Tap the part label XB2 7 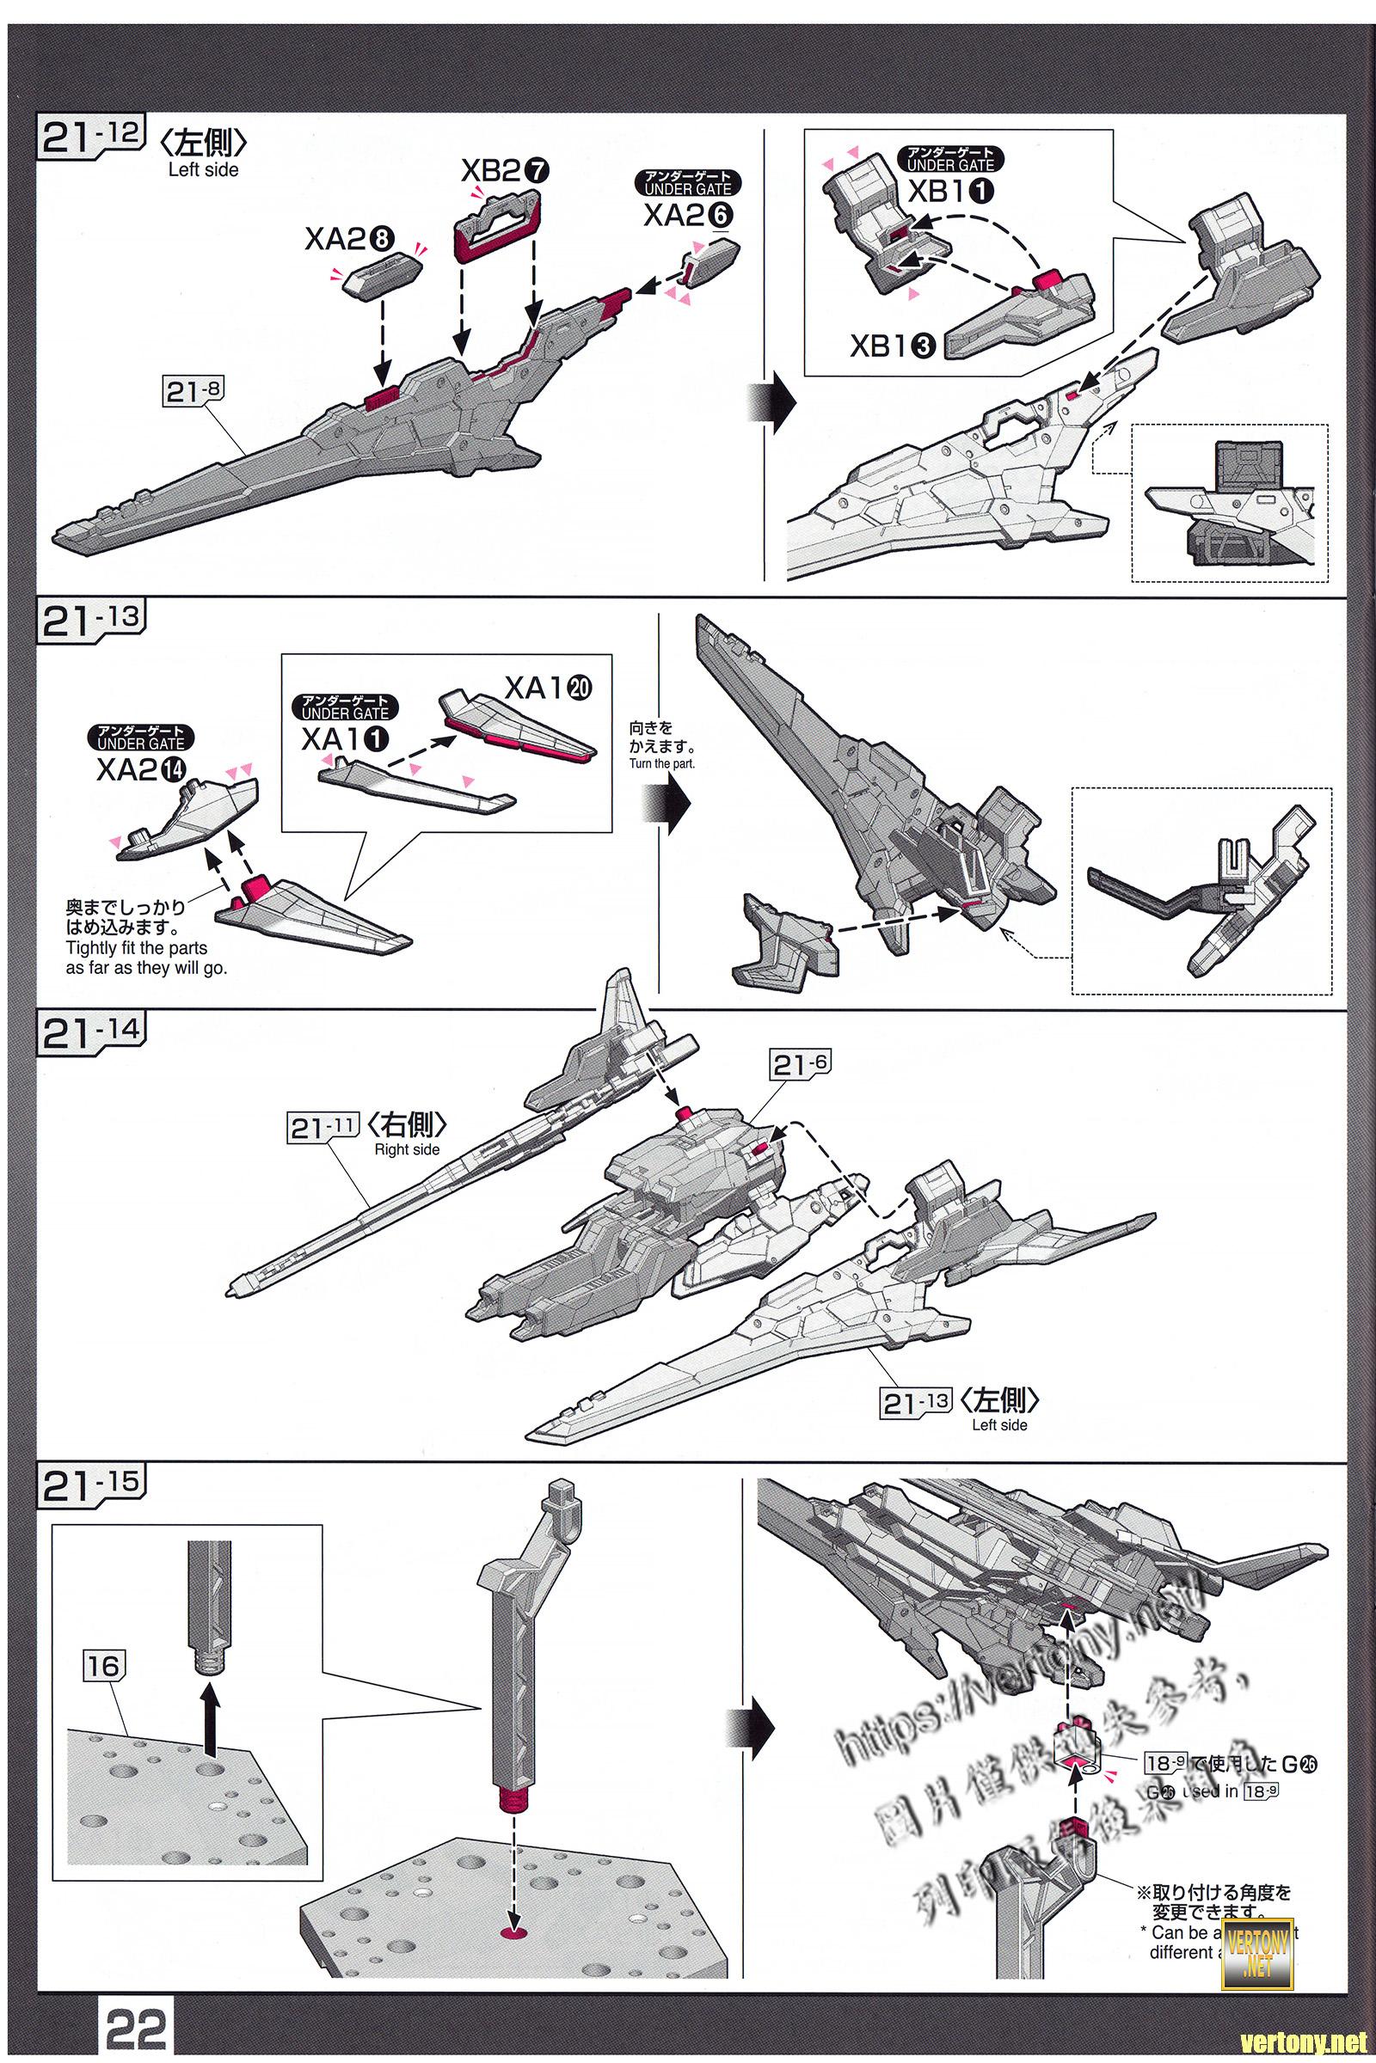tap(505, 171)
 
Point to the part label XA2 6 tap(688, 215)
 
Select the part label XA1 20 tap(548, 689)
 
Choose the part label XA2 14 tap(140, 769)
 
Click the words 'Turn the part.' tap(660, 763)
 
